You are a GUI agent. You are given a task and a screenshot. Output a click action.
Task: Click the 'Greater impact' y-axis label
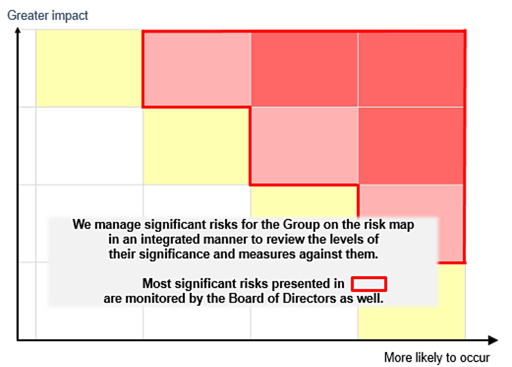point(48,15)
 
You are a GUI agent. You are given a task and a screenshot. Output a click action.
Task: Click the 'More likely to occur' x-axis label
point(436,357)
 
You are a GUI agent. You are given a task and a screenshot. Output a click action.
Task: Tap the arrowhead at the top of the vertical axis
point(17,31)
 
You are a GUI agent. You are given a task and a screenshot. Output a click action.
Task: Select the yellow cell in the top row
point(89,68)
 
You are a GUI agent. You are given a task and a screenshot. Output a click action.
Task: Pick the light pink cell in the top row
point(197,68)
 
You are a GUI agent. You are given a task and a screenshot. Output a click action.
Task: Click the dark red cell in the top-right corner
point(411,68)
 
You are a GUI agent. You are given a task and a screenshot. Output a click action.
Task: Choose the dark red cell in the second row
point(411,145)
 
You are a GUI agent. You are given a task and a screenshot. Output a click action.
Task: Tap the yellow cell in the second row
point(197,145)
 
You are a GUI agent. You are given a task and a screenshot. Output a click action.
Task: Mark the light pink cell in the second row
point(304,145)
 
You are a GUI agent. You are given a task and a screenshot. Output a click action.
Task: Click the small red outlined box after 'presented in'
point(369,284)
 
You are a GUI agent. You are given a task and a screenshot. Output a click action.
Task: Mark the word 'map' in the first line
point(403,224)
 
